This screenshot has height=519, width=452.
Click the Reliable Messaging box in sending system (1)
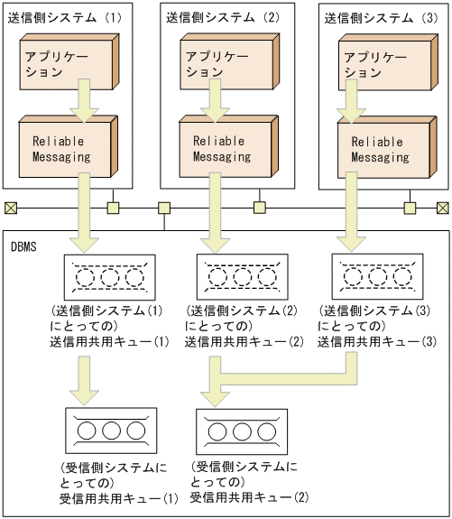(x=60, y=148)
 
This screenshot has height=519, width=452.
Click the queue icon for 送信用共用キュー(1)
(x=107, y=276)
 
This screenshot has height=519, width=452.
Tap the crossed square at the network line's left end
(x=11, y=209)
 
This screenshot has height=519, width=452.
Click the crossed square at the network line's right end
(x=442, y=209)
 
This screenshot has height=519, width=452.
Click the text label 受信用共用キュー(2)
(x=249, y=496)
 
